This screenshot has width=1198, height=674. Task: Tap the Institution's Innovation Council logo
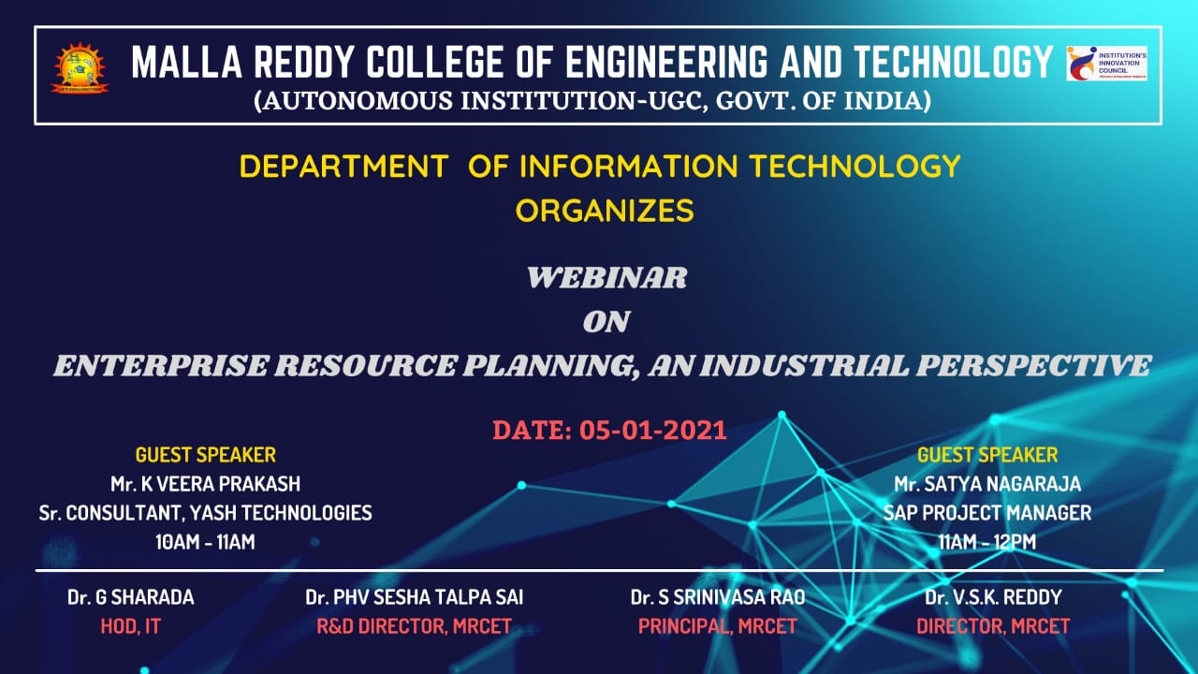[1106, 64]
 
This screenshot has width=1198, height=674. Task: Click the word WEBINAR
[606, 278]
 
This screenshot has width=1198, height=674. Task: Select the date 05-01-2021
[653, 431]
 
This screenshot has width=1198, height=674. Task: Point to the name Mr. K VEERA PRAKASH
[206, 484]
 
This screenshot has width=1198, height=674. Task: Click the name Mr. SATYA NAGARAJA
[987, 484]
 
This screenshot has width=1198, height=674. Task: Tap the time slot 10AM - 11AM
[206, 541]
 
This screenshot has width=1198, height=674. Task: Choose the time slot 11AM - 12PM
[987, 541]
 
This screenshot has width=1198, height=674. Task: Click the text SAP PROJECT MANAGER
[987, 513]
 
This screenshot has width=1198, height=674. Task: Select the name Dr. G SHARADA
[130, 597]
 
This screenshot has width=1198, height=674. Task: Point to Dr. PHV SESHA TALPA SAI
[414, 597]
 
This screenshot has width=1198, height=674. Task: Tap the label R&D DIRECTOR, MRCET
[414, 627]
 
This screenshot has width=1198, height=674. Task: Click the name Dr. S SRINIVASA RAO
[717, 597]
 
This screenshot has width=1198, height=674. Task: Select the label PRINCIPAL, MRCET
[717, 627]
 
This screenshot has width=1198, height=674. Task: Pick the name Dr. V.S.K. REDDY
[993, 597]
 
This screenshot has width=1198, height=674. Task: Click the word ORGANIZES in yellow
[605, 211]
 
